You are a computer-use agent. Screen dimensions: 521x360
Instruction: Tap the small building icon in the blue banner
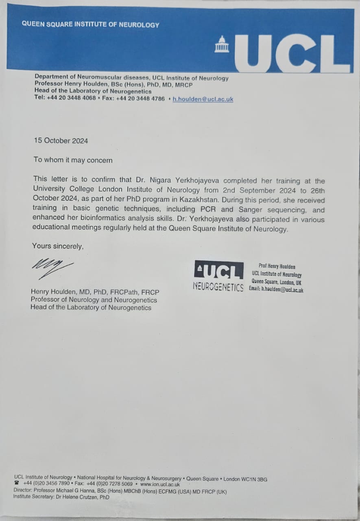tap(222, 44)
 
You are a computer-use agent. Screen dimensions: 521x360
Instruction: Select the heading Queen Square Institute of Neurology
tap(90, 24)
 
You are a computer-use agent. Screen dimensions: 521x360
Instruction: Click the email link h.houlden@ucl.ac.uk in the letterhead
tap(203, 99)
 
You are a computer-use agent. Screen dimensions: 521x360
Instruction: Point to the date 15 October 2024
tap(61, 141)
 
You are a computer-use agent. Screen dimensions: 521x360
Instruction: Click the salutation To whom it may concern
tap(73, 160)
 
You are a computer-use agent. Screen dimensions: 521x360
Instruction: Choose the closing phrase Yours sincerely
tap(58, 246)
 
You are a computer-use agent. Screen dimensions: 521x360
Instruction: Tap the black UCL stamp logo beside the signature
tap(219, 270)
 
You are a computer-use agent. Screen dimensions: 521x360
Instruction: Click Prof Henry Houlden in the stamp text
tap(277, 266)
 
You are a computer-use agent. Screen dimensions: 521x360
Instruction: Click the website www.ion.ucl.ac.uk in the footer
tap(160, 485)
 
